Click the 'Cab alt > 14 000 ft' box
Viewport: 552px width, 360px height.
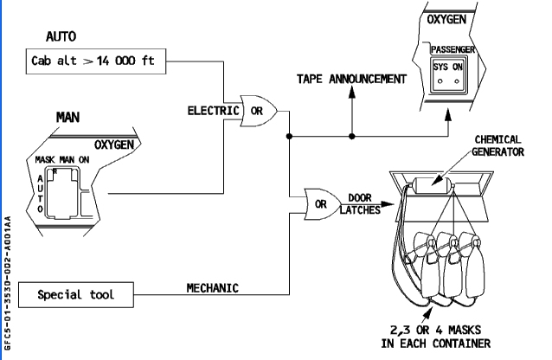tap(96, 61)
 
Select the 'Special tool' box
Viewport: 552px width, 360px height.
tap(76, 295)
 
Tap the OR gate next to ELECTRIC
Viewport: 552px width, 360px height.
tap(259, 111)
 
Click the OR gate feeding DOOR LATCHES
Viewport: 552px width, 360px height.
tap(323, 204)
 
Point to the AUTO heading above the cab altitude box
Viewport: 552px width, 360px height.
tap(61, 36)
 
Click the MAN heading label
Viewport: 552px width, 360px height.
tap(68, 118)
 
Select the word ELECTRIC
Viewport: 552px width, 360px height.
tap(213, 111)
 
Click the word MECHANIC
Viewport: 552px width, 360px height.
tap(212, 288)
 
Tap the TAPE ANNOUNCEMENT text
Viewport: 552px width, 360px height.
tap(351, 79)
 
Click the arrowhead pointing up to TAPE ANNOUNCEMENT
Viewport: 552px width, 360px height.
tap(351, 92)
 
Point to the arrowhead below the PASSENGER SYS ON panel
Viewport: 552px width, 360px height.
tap(448, 115)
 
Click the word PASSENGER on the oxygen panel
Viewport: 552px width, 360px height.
tap(453, 49)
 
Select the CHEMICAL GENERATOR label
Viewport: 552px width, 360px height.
tap(497, 146)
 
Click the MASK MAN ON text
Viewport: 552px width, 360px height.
tap(62, 160)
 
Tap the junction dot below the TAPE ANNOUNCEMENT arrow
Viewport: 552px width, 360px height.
tap(351, 137)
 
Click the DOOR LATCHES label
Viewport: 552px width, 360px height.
tap(360, 204)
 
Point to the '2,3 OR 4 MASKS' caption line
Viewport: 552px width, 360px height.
tap(435, 330)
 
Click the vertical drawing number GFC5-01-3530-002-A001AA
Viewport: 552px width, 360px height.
tap(8, 283)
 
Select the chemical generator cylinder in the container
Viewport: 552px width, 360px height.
tap(432, 185)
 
